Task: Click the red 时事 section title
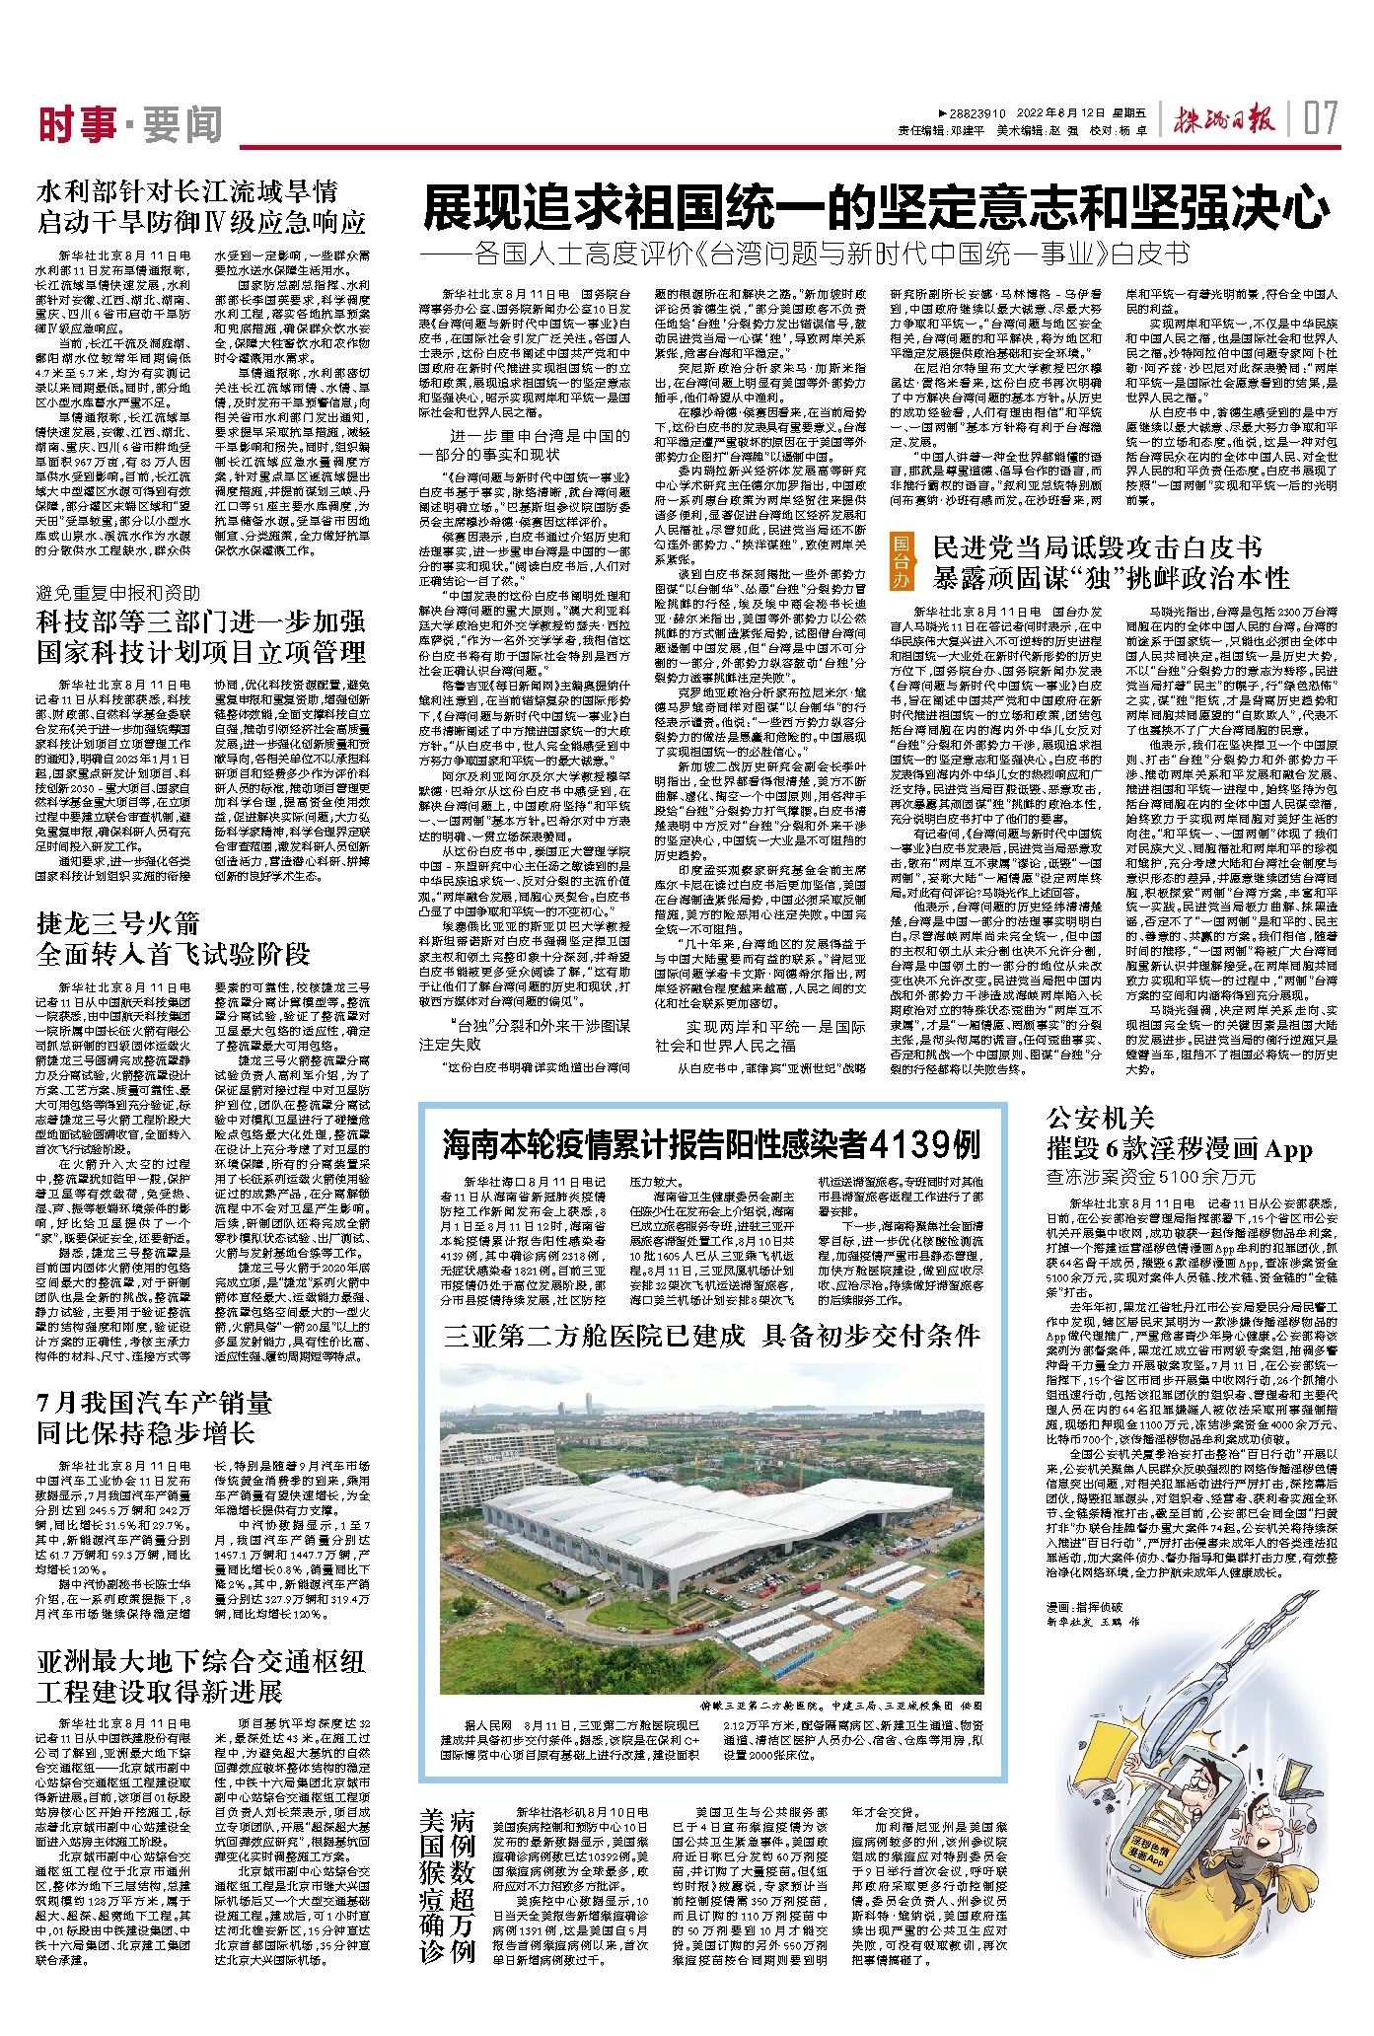tap(77, 124)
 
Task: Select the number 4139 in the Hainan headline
tap(925, 1145)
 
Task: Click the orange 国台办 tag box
tap(902, 561)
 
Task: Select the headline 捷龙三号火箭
tap(118, 924)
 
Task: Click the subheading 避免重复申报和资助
tap(118, 593)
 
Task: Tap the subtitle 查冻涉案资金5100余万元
tap(1152, 1176)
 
